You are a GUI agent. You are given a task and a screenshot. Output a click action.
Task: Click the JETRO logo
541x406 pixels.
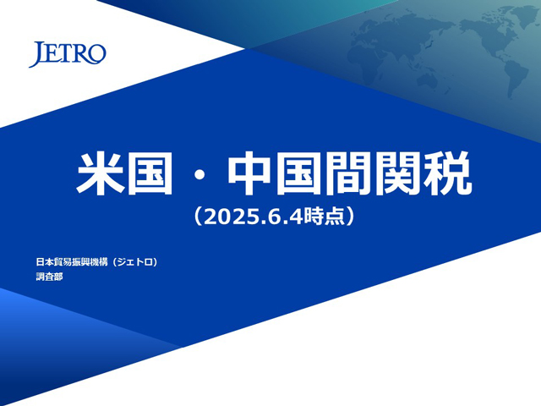coord(68,54)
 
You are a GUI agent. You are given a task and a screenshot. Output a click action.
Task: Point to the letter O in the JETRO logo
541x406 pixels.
coord(98,54)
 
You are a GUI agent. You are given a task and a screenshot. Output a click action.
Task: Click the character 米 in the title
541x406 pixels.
coord(100,173)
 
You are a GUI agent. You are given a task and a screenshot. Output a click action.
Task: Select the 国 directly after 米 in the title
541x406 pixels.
coord(150,173)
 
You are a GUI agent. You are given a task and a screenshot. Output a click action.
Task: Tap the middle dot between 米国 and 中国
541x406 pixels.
coord(199,174)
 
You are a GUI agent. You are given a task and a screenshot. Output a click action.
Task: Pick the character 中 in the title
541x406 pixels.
coord(249,173)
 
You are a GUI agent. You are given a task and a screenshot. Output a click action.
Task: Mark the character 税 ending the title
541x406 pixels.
coord(448,173)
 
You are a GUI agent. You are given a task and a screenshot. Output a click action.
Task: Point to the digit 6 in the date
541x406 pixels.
coord(271,217)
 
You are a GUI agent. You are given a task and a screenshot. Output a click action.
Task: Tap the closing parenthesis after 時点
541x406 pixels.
coord(351,217)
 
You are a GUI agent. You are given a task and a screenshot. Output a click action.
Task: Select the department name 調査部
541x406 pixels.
coord(49,277)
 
